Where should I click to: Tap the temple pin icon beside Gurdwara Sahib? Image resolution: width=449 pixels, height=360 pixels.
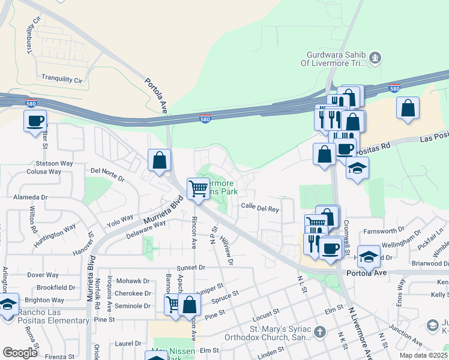coord(376,58)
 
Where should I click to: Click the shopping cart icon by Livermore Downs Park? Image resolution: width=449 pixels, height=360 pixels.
coord(198,188)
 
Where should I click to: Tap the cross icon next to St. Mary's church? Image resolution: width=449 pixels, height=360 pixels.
coord(320,331)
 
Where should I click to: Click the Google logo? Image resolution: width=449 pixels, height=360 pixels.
coord(20,352)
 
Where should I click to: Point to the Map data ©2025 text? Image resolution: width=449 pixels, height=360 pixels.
coord(423,355)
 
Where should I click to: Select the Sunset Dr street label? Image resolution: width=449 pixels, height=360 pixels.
coord(191,268)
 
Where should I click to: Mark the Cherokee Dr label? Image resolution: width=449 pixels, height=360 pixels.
coord(133,293)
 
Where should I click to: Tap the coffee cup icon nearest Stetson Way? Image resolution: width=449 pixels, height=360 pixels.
coord(35,121)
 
